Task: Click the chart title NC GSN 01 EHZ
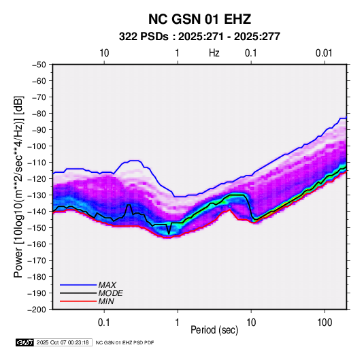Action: pyautogui.click(x=199, y=19)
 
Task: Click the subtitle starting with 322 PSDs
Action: pyautogui.click(x=199, y=37)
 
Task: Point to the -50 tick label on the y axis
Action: pyautogui.click(x=39, y=65)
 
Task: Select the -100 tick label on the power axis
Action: pyautogui.click(x=37, y=146)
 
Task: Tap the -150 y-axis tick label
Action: pyautogui.click(x=37, y=227)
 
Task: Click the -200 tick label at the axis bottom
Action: pyautogui.click(x=37, y=310)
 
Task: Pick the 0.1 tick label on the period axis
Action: pyautogui.click(x=104, y=323)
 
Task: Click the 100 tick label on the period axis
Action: pyautogui.click(x=325, y=323)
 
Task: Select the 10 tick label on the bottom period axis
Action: pyautogui.click(x=251, y=323)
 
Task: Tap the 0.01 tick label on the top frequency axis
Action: pyautogui.click(x=324, y=53)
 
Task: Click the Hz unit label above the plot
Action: pyautogui.click(x=214, y=53)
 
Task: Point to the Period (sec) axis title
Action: pyautogui.click(x=214, y=330)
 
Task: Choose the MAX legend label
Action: pyautogui.click(x=107, y=285)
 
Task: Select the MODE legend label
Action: pyautogui.click(x=110, y=293)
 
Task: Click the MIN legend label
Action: pyautogui.click(x=106, y=301)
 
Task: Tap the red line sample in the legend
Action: pyautogui.click(x=78, y=301)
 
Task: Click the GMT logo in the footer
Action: pyautogui.click(x=24, y=342)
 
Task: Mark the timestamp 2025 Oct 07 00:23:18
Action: pyautogui.click(x=63, y=342)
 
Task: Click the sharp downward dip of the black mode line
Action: pyautogui.click(x=169, y=233)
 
